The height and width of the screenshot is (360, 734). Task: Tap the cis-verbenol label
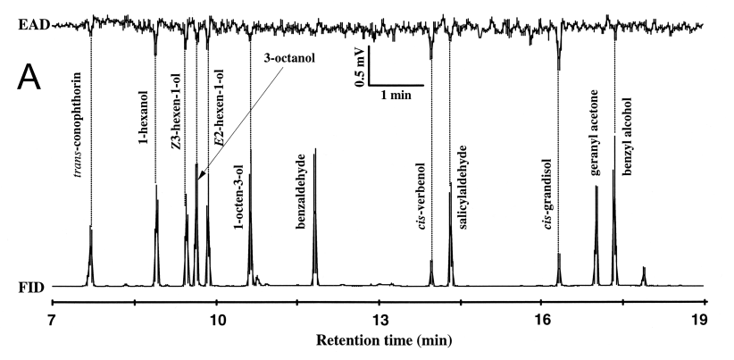(x=421, y=197)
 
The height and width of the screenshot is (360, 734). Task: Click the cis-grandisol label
(x=547, y=195)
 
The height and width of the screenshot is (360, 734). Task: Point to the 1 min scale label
(x=396, y=94)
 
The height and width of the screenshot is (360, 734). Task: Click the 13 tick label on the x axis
(x=379, y=321)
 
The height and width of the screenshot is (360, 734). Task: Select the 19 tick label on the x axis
(x=705, y=321)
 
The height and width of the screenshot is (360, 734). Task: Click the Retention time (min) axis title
(x=379, y=340)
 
